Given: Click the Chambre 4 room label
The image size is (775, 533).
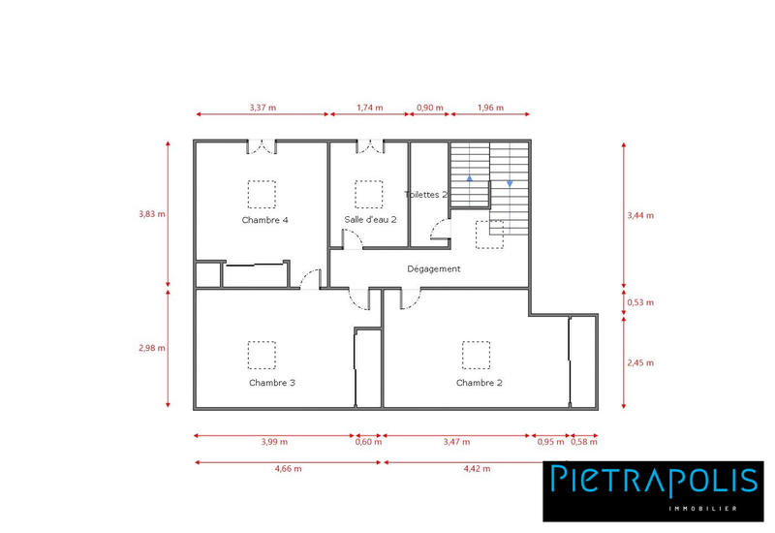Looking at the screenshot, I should pos(264,220).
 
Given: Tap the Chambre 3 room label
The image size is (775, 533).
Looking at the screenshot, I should pos(271,383).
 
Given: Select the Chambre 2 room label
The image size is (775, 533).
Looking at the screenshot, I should pos(480,383).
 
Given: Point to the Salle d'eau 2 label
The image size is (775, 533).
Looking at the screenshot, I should pos(370,220).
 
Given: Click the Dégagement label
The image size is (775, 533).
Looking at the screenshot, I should pos(434,268).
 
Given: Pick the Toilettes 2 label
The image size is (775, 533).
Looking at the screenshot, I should pos(426,195).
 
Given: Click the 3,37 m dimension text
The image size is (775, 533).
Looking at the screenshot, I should pos(263,108).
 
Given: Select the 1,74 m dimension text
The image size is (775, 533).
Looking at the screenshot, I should pos(370,108).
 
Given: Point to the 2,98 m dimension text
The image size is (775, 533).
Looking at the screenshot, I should pos(152,348).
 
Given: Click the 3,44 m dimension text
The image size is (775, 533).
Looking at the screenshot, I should pos(641,214).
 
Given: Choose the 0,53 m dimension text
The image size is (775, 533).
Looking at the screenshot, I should pos(641,302).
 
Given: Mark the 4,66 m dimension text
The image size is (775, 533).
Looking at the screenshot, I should pos(288,468).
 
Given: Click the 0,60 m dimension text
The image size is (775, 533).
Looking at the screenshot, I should pos(368,442).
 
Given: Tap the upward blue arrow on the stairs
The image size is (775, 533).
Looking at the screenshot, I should pos(471,177).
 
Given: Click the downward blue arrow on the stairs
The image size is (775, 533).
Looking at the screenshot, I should pos(510,181).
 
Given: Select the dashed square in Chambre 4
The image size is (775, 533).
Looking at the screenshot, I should pos(262,194).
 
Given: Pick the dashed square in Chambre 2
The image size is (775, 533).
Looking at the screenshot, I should pos(476,355).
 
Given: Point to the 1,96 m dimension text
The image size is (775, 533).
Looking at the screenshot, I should pos(491,108).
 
